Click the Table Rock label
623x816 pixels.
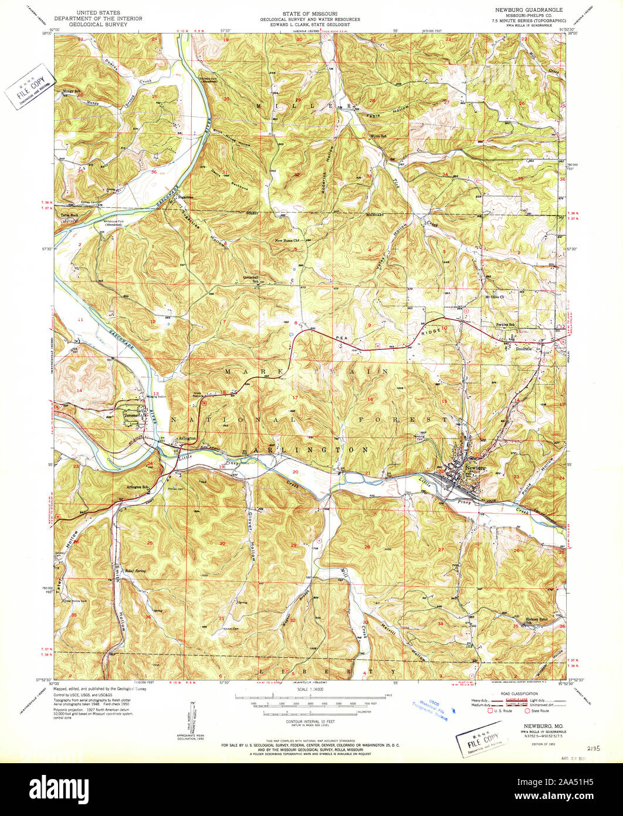click(x=69, y=215)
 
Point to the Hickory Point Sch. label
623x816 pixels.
click(x=534, y=621)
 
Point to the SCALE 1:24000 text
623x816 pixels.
click(x=311, y=690)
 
